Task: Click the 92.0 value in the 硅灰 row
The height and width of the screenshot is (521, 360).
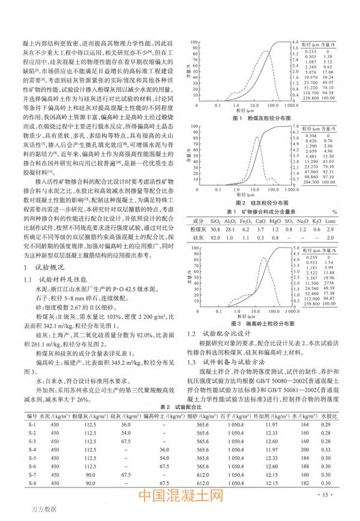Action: tap(215, 238)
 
